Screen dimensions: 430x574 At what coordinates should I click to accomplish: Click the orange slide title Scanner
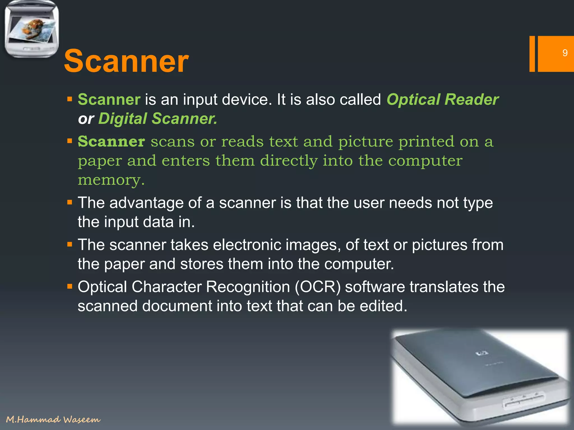[126, 61]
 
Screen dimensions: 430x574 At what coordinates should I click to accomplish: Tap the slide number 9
[565, 53]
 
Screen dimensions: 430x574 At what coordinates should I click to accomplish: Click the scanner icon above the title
[32, 29]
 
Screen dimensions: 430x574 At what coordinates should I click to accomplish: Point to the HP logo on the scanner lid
[482, 354]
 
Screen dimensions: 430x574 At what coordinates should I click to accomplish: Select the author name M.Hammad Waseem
[53, 419]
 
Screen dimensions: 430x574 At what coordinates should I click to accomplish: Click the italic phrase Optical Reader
[442, 99]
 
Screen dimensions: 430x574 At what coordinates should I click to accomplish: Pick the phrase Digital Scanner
[158, 118]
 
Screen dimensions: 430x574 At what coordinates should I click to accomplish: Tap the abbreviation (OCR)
[317, 287]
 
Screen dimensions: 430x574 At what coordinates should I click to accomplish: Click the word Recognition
[248, 287]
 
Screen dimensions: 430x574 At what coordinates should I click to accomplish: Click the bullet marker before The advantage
[70, 202]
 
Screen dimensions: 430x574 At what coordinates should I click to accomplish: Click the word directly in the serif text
[289, 161]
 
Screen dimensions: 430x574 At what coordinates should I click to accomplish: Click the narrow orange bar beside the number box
[532, 54]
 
